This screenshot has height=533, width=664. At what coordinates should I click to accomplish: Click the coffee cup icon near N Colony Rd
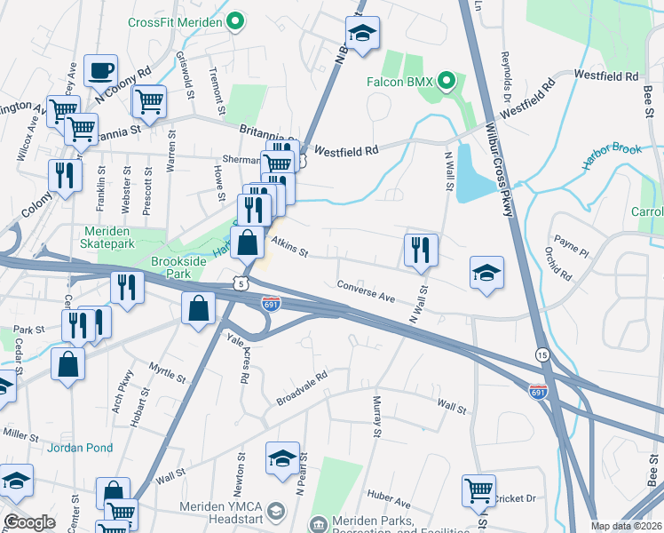100,70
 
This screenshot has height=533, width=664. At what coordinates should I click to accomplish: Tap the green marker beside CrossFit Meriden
235,22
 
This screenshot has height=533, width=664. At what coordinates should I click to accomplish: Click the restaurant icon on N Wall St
420,250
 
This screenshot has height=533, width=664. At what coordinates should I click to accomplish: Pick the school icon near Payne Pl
486,273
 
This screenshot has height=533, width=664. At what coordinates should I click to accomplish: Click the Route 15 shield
541,354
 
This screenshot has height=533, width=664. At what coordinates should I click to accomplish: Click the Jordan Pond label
80,448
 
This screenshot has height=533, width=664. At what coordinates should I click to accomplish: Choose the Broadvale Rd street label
302,387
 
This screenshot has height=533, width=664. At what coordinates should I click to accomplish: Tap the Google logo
29,522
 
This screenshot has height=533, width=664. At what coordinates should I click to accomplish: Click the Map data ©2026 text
626,526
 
